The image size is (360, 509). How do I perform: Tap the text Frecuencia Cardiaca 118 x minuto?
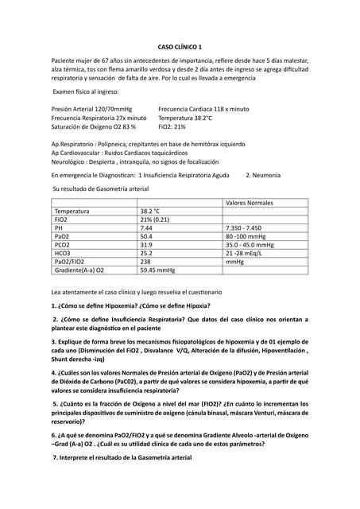[x=203, y=107]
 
